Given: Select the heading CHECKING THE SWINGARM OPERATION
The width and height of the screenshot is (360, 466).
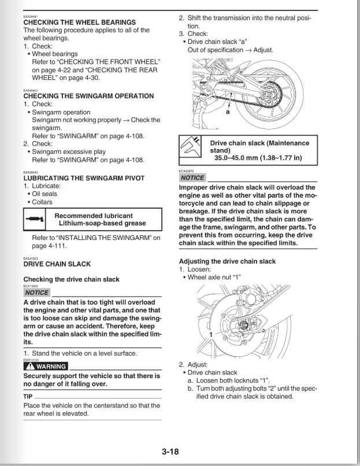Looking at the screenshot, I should pyautogui.click(x=88, y=96).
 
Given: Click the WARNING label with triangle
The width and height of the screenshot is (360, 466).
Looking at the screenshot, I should pyautogui.click(x=46, y=367).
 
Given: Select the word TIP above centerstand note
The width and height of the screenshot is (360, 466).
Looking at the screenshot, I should pyautogui.click(x=28, y=398).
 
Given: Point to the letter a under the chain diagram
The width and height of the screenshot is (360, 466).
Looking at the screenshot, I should pyautogui.click(x=227, y=113).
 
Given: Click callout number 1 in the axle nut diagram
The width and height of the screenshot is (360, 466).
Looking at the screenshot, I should pyautogui.click(x=211, y=335).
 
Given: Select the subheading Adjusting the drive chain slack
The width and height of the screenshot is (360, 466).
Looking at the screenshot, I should pyautogui.click(x=227, y=261).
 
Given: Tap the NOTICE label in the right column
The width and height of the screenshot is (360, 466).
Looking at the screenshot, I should pyautogui.click(x=192, y=177).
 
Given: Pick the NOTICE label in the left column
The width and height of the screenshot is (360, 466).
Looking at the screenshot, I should pyautogui.click(x=36, y=293).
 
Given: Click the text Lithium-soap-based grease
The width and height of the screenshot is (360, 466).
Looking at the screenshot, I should pyautogui.click(x=101, y=223).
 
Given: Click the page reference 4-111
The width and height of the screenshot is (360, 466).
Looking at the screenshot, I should pyautogui.click(x=54, y=245).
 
